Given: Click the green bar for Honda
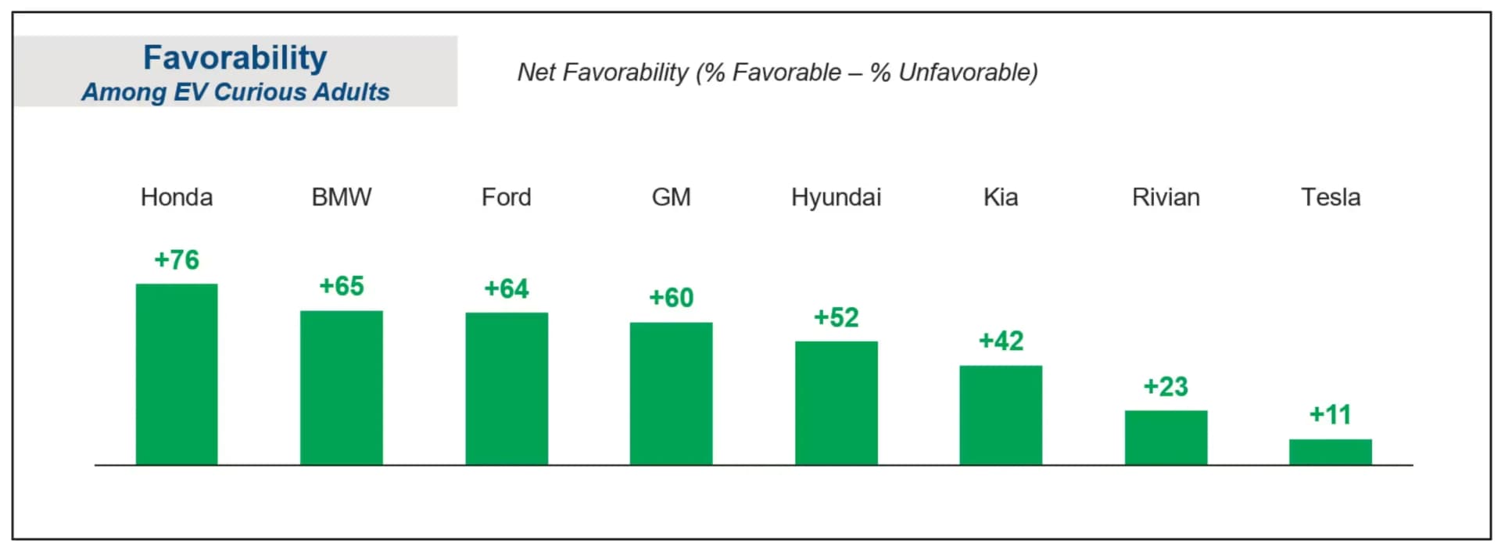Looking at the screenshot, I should pyautogui.click(x=177, y=374).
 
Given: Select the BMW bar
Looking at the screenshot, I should pyautogui.click(x=342, y=388).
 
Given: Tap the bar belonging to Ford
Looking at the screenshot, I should pyautogui.click(x=507, y=388).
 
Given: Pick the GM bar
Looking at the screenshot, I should pyautogui.click(x=671, y=393).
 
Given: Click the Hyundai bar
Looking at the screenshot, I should pyautogui.click(x=836, y=403).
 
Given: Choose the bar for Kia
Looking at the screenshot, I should pyautogui.click(x=1001, y=415).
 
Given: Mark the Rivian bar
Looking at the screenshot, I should pyautogui.click(x=1166, y=437).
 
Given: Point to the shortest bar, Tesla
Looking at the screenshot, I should pyautogui.click(x=1330, y=452).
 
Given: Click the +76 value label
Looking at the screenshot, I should pyautogui.click(x=177, y=259).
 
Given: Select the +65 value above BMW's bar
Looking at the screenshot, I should pyautogui.click(x=342, y=286).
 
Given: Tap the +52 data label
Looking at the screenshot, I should pyautogui.click(x=836, y=317).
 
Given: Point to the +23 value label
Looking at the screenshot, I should pyautogui.click(x=1166, y=387).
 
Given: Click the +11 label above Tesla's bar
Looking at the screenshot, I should pyautogui.click(x=1330, y=414).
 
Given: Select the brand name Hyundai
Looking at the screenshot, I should pyautogui.click(x=836, y=197).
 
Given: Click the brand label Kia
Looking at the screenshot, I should pyautogui.click(x=1001, y=197).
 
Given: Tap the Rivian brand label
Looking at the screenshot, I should pyautogui.click(x=1166, y=197).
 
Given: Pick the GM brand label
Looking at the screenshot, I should pyautogui.click(x=671, y=197).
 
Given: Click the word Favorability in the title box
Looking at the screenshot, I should pyautogui.click(x=235, y=58).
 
